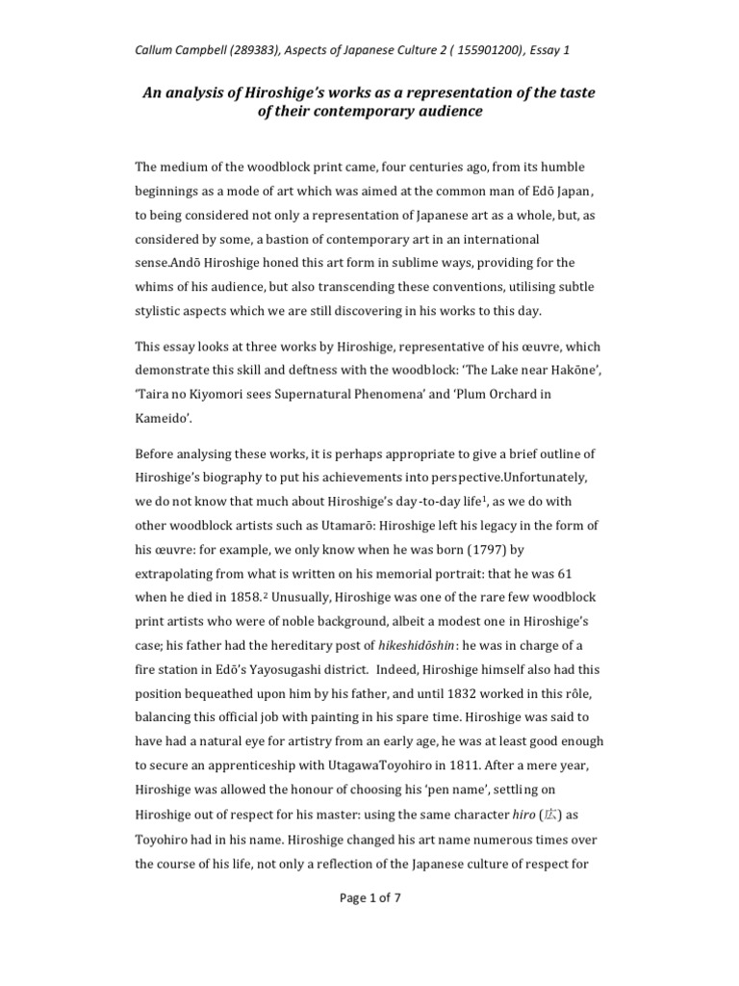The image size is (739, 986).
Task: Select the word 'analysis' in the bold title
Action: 193,93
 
